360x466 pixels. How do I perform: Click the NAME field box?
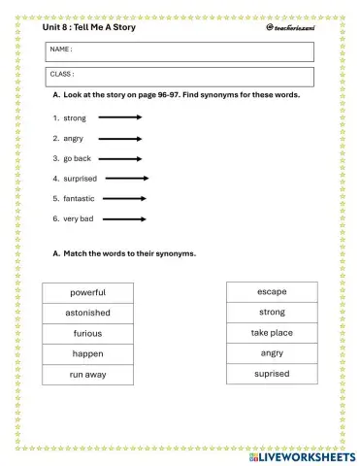coord(180,50)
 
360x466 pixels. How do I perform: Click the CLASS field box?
coord(180,77)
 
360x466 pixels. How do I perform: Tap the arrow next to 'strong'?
coord(119,117)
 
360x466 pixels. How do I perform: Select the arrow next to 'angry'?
coord(119,138)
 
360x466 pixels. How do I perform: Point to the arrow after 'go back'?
coord(119,158)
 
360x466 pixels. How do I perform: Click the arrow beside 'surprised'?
coord(126,179)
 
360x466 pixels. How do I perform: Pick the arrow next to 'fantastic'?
coord(124,199)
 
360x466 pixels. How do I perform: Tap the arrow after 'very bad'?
coord(124,219)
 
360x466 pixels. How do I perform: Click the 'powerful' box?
coord(87,292)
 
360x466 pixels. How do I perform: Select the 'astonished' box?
coord(87,313)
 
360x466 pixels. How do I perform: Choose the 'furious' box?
coord(87,333)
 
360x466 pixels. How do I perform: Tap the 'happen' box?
coord(87,354)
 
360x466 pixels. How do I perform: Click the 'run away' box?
coord(87,375)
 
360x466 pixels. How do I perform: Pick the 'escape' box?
coord(272,291)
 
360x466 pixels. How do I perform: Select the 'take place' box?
coord(272,333)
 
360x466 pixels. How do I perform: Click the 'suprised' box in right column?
coord(272,374)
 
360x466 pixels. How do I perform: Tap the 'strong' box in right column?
coord(272,313)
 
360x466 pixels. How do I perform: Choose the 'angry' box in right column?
coord(272,353)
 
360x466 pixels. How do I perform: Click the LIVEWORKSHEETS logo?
coord(302,455)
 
